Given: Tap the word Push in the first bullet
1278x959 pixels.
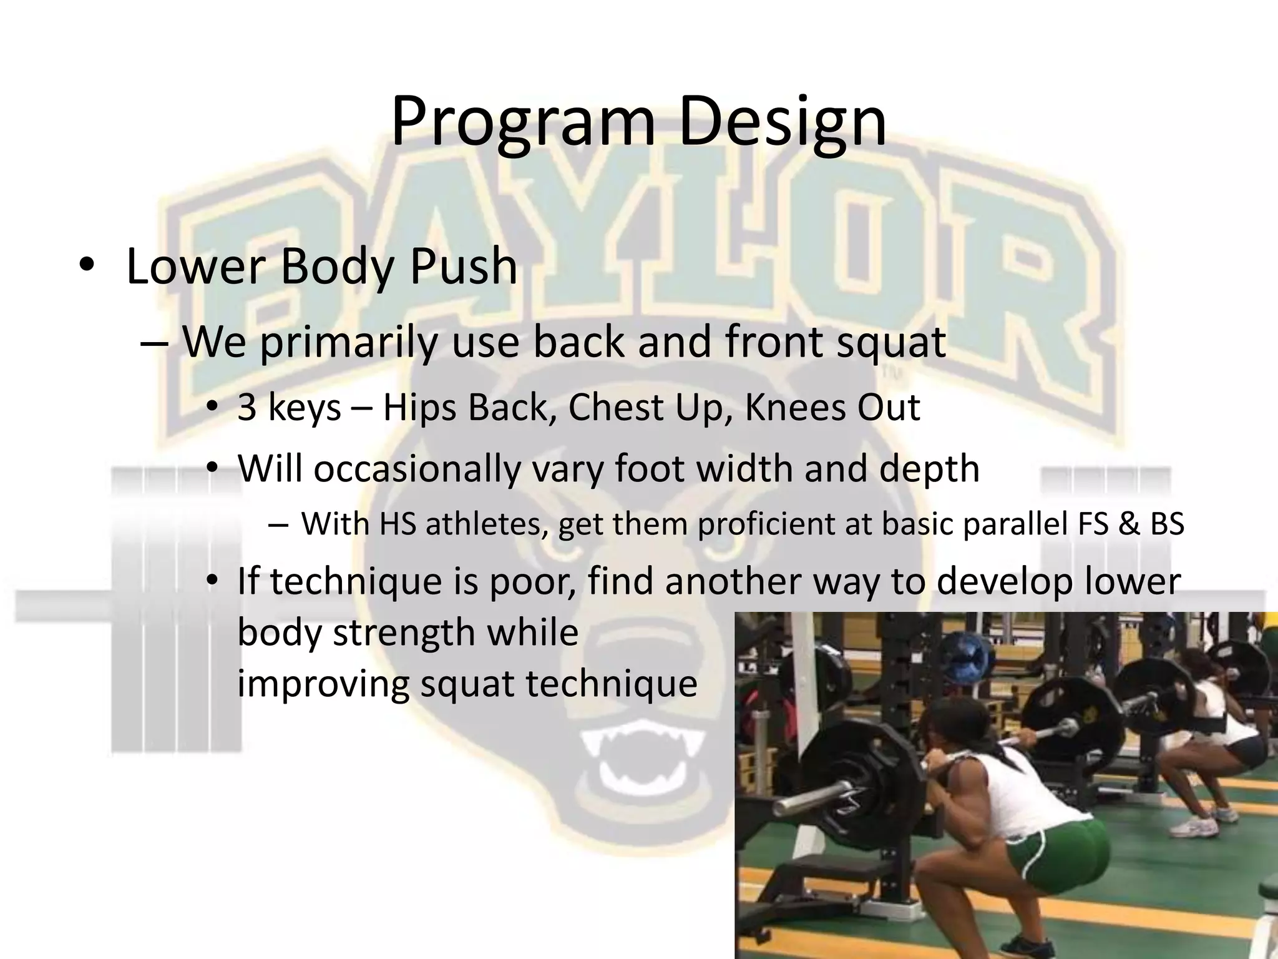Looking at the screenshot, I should click(x=463, y=267).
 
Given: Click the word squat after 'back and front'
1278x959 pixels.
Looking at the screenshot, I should click(x=890, y=342).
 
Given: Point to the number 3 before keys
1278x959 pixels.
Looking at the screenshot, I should click(x=247, y=408).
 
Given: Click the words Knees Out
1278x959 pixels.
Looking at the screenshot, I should click(x=832, y=408).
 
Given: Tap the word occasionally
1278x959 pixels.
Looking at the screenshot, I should click(x=417, y=469).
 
